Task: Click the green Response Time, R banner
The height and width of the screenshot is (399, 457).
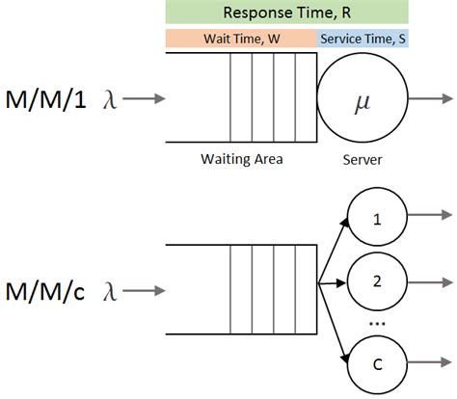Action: [286, 13]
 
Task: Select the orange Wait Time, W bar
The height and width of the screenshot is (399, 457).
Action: [241, 39]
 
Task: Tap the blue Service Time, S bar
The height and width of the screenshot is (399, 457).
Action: [363, 39]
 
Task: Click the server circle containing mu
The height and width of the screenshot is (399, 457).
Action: [363, 98]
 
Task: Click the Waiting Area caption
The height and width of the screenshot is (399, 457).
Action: [241, 157]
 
